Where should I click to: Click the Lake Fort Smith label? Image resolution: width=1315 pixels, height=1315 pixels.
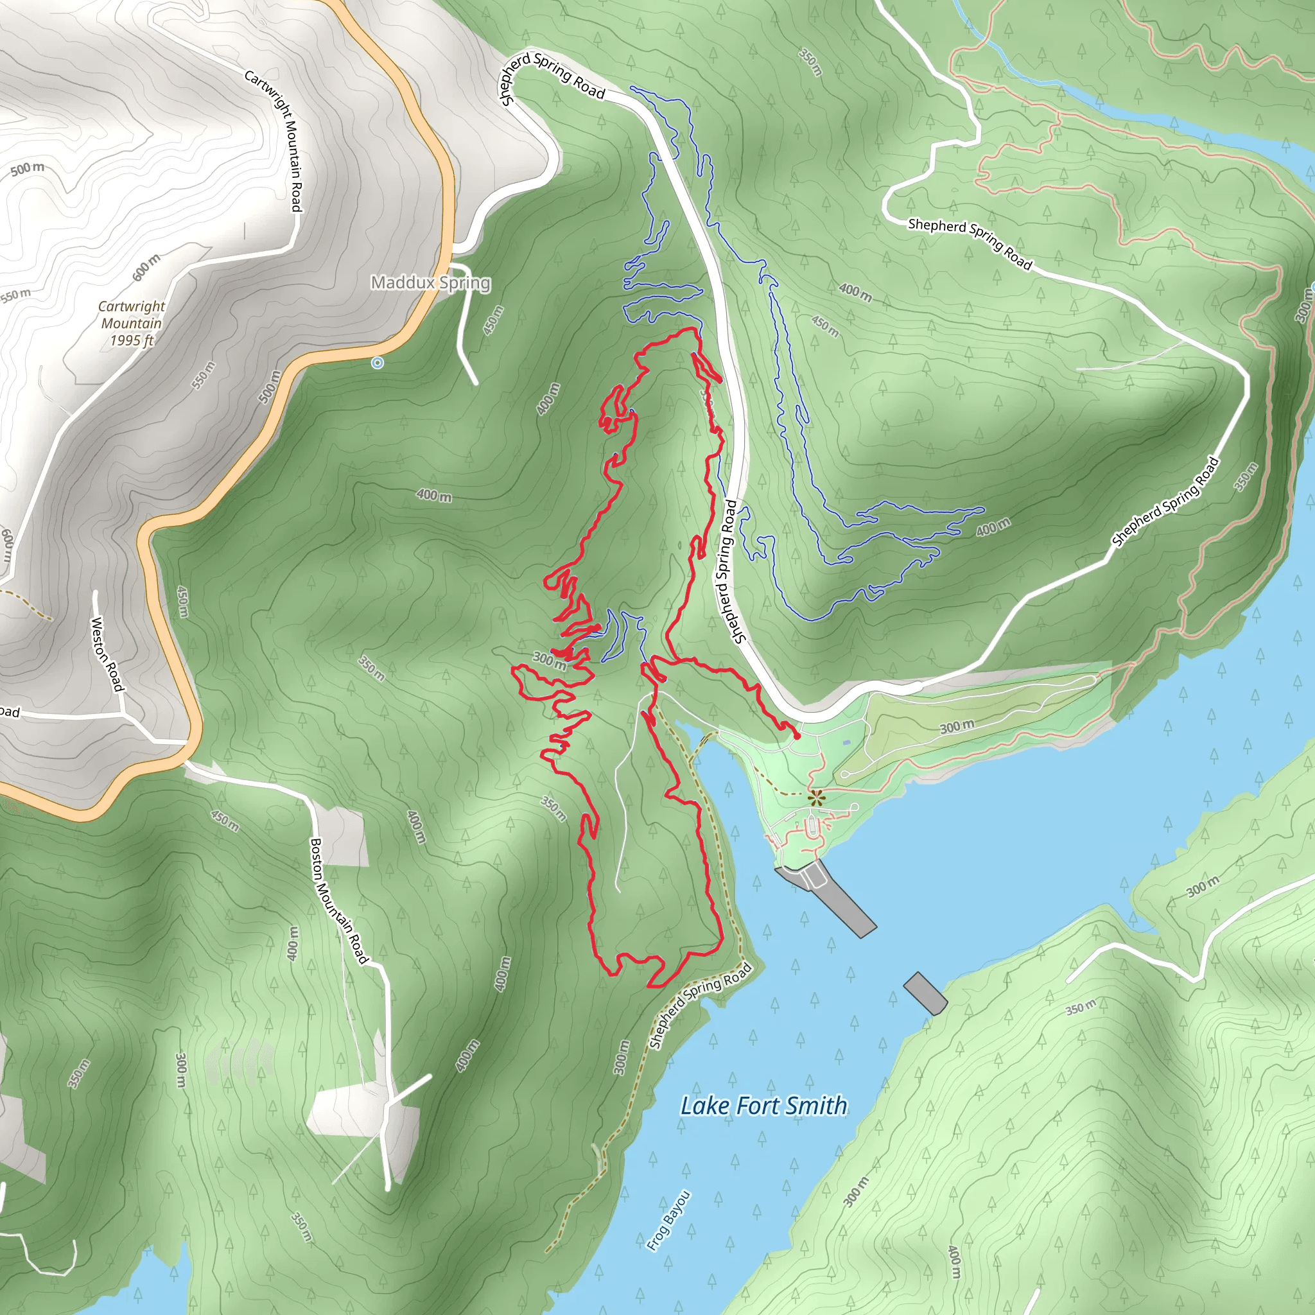[763, 1106]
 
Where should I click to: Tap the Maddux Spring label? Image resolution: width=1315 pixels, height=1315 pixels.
[430, 283]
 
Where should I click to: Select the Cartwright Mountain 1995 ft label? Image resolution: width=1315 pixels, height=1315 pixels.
[132, 324]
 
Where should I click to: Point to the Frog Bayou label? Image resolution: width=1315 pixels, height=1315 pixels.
[668, 1221]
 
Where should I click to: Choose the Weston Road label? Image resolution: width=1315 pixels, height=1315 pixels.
[107, 654]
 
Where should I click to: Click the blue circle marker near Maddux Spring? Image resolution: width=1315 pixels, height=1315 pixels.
[378, 363]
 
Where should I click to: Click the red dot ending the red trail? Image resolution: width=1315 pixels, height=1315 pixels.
[797, 736]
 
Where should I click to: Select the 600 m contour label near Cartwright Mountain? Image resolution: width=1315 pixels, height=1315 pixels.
[146, 268]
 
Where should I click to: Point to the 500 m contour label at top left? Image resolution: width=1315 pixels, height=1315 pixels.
[27, 168]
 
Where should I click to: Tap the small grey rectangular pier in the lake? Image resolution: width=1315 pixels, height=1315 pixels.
[925, 994]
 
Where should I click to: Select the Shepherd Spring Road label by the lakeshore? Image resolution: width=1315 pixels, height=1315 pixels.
[701, 1006]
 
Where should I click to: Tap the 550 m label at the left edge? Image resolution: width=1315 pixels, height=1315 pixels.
[15, 295]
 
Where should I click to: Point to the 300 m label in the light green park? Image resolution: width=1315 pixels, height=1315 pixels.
[956, 727]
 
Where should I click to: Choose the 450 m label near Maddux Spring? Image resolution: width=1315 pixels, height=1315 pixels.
[494, 320]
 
